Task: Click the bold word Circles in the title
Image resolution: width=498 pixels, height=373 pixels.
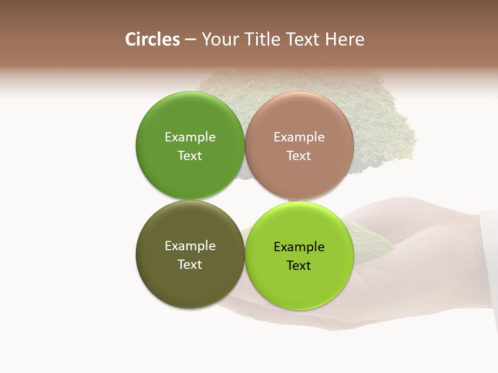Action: (153, 39)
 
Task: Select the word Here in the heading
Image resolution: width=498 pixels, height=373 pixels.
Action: (345, 39)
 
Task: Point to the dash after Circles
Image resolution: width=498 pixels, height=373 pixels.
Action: (190, 40)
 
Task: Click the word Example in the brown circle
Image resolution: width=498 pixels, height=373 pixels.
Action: (299, 137)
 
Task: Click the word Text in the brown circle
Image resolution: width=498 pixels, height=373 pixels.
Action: (299, 156)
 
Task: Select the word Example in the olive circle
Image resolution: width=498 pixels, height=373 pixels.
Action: (190, 246)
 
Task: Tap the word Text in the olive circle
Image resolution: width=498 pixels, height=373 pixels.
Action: (190, 265)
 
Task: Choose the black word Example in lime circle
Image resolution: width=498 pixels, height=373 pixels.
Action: (299, 247)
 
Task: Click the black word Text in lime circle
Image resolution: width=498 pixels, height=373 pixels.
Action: (299, 266)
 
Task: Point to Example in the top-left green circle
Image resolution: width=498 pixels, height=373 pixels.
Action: (190, 137)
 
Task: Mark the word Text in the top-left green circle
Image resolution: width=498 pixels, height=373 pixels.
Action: (190, 156)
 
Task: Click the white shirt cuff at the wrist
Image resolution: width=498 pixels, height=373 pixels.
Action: (489, 259)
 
